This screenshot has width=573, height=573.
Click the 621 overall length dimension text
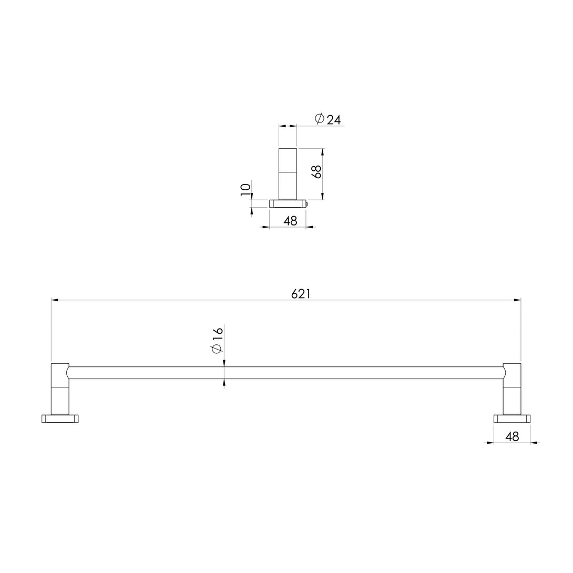301,294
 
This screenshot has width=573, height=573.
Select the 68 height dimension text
316,172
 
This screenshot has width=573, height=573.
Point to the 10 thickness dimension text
245,189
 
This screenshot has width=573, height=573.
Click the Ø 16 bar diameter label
217,340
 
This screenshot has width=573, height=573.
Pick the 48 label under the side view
290,221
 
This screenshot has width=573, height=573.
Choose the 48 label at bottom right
512,436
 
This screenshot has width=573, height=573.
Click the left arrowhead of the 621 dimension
55,300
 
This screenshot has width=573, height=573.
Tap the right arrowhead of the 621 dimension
517,300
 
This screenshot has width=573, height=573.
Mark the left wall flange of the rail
60,418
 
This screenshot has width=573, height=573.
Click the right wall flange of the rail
512,418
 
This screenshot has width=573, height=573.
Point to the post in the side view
288,173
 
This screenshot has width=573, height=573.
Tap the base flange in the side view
287,203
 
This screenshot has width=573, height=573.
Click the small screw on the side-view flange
306,204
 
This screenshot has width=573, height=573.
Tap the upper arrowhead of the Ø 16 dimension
224,363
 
